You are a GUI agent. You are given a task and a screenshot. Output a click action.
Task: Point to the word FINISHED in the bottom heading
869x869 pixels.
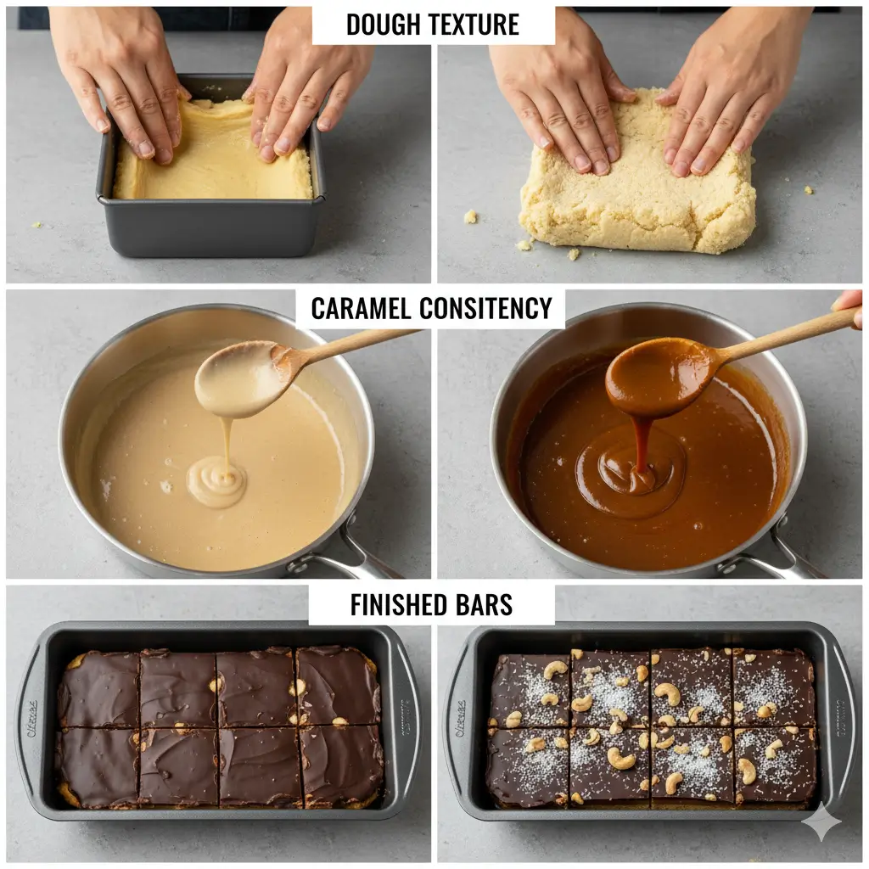point(395,605)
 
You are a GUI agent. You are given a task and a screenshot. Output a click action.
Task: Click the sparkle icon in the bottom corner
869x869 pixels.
point(822,822)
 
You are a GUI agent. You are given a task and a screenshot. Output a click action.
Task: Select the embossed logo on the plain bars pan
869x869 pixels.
point(31,718)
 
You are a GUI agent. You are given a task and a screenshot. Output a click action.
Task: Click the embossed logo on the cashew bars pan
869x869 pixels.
point(462,718)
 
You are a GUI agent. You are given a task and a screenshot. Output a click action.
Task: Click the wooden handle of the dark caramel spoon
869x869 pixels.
point(781,332)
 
